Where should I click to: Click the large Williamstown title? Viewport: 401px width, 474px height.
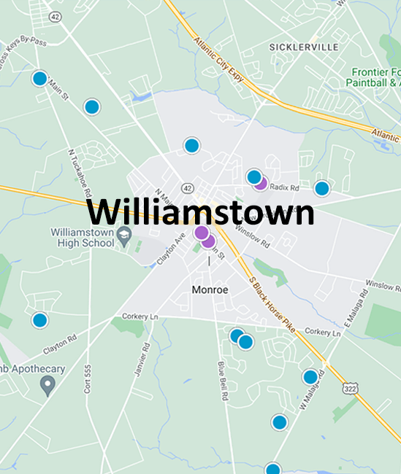click(x=201, y=213)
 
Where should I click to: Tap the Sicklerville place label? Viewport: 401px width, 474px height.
click(x=304, y=47)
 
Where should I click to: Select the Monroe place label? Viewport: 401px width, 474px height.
click(x=210, y=290)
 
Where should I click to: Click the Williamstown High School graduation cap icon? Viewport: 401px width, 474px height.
click(x=124, y=235)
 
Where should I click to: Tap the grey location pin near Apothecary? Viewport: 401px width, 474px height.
click(x=48, y=384)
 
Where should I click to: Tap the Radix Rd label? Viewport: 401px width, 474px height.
click(x=285, y=187)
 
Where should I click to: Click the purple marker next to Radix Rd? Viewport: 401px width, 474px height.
click(x=261, y=184)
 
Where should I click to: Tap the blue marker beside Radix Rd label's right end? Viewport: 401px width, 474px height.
click(x=321, y=188)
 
